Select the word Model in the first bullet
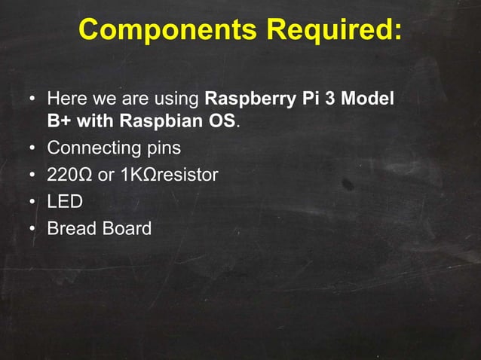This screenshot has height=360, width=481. coord(369,99)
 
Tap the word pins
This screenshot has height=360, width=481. coord(162,148)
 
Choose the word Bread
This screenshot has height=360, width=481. coord(70,227)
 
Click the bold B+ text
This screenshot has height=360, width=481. coord(59,121)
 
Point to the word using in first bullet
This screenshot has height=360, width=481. coord(177,100)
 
